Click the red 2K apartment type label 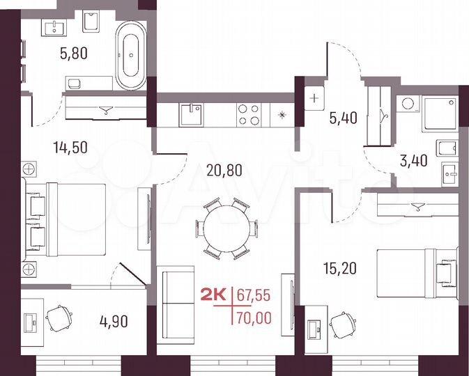click(x=213, y=295)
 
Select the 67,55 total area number click(x=253, y=295)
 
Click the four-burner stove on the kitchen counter click(x=249, y=114)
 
